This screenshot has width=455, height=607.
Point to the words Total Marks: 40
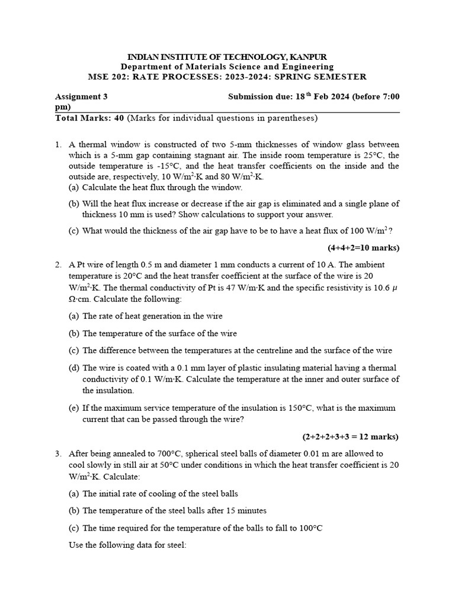click(x=89, y=118)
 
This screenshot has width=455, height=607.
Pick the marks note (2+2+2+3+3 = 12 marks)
click(x=351, y=437)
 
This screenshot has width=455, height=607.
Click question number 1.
click(x=58, y=145)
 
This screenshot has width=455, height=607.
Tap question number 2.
click(x=58, y=264)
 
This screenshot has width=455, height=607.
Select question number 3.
click(x=58, y=453)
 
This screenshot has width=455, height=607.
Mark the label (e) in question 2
click(x=74, y=408)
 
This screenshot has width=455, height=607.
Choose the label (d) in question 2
click(x=74, y=368)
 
